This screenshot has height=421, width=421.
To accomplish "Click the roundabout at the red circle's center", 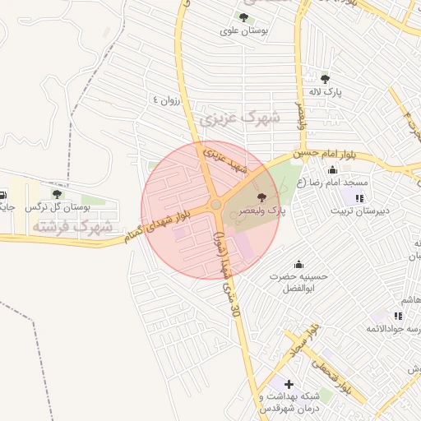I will click(x=215, y=204).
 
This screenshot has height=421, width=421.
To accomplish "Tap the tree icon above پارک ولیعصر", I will click(x=262, y=197).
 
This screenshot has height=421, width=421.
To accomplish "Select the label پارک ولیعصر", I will click(x=262, y=211).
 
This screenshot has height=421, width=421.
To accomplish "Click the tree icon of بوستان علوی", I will click(x=243, y=16).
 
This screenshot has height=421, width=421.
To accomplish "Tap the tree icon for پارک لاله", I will click(x=326, y=79).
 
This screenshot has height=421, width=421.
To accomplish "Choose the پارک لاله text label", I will click(x=326, y=93).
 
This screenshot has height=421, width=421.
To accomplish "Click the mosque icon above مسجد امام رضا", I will click(x=332, y=170).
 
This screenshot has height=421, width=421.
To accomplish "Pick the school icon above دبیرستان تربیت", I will click(x=359, y=197).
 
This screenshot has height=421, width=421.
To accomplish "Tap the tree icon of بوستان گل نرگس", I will click(x=56, y=194).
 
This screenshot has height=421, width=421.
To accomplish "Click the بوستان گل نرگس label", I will click(x=56, y=208).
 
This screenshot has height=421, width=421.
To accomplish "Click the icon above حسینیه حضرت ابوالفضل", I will click(x=298, y=264).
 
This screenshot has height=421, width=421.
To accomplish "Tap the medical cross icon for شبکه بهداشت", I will click(x=289, y=384).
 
